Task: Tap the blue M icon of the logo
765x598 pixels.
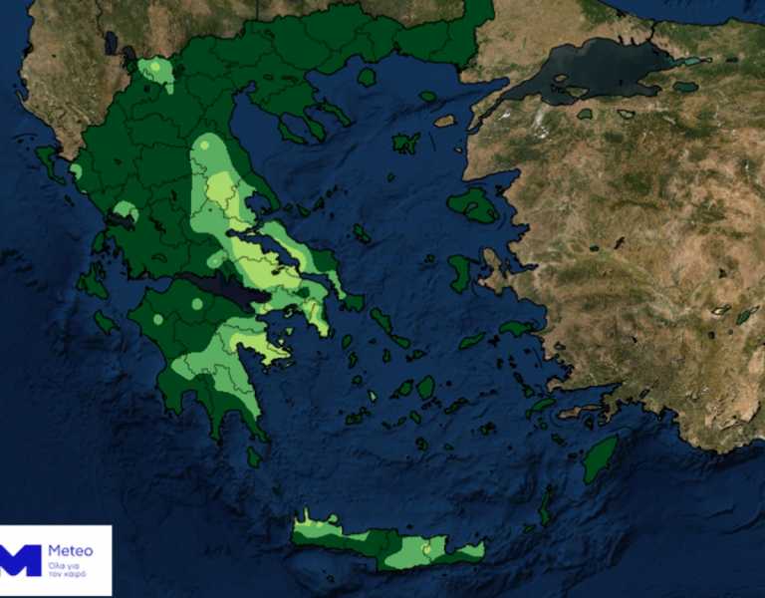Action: coord(21,560)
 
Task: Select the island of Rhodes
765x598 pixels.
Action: coord(600,458)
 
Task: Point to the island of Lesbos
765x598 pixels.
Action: coord(473,205)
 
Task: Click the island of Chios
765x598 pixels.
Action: coord(461,272)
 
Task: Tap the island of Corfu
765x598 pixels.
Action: coord(48,162)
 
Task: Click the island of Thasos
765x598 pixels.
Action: coord(367,77)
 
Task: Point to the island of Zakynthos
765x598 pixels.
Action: coord(105,322)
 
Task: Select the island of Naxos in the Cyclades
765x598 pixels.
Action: coord(426,387)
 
